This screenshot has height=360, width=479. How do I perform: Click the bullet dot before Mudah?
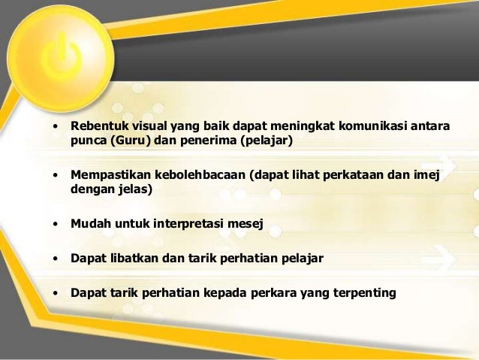coord(55,224)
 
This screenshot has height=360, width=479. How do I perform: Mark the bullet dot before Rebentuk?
coord(55,125)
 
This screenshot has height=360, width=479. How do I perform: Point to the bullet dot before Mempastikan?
coord(55,175)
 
